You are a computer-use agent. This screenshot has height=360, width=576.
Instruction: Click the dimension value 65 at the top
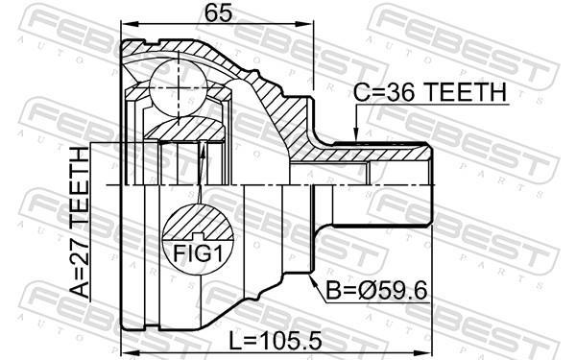(219, 13)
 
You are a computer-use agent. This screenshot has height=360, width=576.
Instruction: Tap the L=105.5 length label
(275, 341)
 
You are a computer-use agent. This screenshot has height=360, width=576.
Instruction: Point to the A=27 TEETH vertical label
(80, 223)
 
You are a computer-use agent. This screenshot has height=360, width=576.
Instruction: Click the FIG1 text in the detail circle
(199, 253)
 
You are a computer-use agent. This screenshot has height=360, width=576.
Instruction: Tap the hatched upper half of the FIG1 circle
(199, 222)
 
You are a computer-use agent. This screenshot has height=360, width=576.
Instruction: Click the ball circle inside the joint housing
(179, 87)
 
